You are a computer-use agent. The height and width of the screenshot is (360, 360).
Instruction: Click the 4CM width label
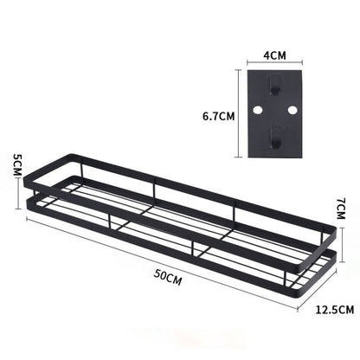click(x=274, y=54)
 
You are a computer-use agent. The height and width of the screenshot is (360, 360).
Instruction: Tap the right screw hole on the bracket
click(x=292, y=110)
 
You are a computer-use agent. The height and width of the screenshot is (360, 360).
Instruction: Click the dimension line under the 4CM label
click(x=274, y=63)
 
